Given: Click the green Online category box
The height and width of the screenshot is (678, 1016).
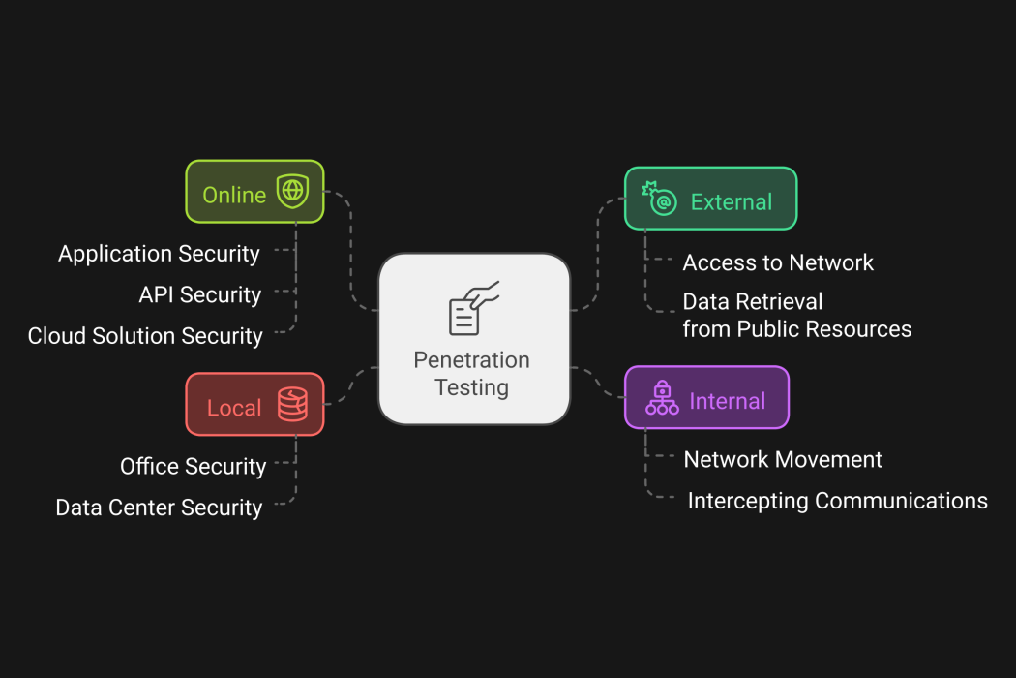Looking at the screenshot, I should pos(254,192).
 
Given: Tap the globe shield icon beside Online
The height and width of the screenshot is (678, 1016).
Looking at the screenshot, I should pos(291,192).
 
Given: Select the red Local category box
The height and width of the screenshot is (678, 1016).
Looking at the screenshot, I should pos(254,405).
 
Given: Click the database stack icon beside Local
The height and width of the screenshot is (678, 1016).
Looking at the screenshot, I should pos(292,405).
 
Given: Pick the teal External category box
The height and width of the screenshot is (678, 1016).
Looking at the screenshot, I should pos(710,199).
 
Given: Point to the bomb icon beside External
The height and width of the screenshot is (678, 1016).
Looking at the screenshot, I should pos(660,198).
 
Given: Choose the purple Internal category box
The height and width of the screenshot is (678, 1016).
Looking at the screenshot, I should pos(706,397).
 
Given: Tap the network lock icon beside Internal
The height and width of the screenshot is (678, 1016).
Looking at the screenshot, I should pos(662,397).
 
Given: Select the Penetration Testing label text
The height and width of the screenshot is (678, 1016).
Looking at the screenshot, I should pos(472,374).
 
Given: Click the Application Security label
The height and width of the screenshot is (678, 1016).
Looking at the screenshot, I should pos(159,254).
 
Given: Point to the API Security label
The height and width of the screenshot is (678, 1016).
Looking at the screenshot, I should pos(199,294).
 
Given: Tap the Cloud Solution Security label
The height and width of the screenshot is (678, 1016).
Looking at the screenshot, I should pos(145,336).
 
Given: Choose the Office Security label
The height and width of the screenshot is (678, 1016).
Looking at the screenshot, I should pos(193,466).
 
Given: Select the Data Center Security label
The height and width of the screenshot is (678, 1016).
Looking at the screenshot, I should pos(159,508).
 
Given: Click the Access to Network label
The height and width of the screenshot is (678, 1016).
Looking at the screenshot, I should pos(778,262).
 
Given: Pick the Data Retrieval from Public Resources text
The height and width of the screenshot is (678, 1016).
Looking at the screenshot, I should pos(796,316).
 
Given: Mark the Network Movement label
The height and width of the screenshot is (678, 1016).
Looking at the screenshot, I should pos(783,459).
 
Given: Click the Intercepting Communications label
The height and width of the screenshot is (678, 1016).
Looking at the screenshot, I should pos(837,501).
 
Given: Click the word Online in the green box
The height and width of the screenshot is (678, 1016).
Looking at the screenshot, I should pos(234,195).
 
